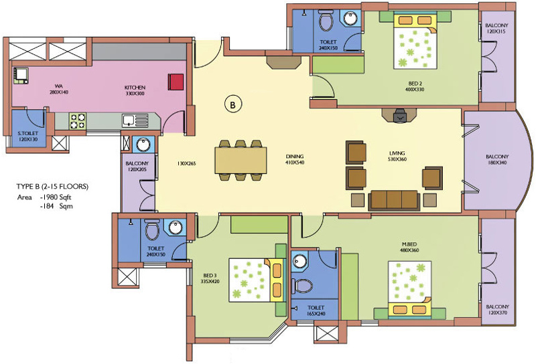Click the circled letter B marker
pos(232,104)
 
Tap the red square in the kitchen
pos(176,81)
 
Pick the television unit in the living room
pos(398,116)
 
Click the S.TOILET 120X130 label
pos(28,136)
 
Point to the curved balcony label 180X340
pos(496,160)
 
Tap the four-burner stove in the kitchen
pos(78,120)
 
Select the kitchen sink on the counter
pos(130,120)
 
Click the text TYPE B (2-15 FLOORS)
pos(52,185)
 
